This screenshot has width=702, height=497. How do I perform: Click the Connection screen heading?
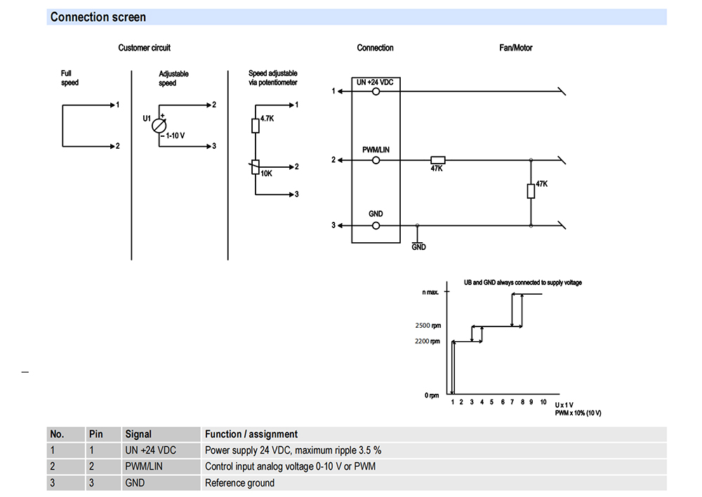tap(98, 17)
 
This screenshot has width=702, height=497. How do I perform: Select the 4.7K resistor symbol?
tap(256, 126)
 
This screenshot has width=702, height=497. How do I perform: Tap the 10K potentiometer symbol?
tap(256, 168)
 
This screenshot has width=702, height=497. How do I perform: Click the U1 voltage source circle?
tap(159, 126)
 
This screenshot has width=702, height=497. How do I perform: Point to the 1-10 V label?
tap(175, 135)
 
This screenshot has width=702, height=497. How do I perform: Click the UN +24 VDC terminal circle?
tap(376, 91)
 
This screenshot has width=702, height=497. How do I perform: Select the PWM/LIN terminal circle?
tap(376, 160)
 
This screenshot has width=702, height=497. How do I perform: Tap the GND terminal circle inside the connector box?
tap(376, 225)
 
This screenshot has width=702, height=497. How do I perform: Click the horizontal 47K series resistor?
tap(438, 160)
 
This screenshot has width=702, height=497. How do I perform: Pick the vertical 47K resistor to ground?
tap(531, 191)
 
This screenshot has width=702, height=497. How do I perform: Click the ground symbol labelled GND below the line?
tap(417, 243)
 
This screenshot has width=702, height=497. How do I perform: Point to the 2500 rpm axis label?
tap(428, 326)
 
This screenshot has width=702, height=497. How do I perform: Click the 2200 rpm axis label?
tap(428, 341)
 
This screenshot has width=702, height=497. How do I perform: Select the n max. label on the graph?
tap(430, 293)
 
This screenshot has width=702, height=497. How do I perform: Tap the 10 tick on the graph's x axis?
tap(543, 402)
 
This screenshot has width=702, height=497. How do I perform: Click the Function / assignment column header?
tap(251, 435)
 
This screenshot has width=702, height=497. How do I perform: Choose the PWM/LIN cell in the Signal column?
tap(144, 467)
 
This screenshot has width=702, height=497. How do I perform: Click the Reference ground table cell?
tap(239, 483)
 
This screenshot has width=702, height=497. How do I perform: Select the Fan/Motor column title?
tap(516, 48)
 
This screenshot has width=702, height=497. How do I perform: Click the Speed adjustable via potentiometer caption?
tap(272, 78)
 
